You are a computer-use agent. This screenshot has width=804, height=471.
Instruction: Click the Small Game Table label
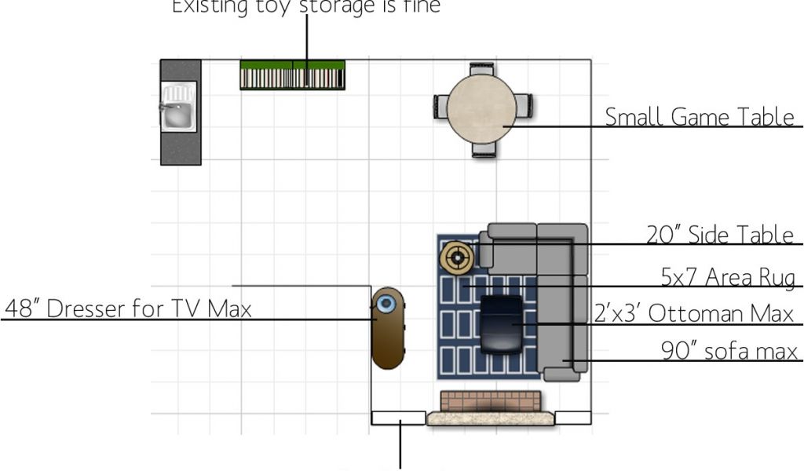699,117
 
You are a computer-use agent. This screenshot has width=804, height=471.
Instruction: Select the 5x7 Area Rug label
728,277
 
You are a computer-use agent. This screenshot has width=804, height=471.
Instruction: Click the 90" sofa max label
729,351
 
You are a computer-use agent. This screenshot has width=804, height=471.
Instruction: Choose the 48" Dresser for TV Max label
129,309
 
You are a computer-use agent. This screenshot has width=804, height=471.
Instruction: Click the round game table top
481,110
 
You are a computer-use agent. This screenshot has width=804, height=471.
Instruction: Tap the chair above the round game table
481,69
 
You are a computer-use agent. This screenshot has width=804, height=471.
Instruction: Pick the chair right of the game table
524,106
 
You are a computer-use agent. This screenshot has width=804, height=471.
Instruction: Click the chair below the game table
484,150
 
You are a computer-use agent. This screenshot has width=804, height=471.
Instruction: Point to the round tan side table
456,257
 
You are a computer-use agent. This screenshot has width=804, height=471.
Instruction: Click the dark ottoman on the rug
502,323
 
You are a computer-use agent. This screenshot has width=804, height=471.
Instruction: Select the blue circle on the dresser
385,303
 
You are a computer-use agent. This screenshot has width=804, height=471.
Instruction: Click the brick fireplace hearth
490,401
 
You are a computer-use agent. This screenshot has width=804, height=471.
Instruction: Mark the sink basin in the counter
178,115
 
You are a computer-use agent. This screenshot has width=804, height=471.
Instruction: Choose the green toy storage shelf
292,75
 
